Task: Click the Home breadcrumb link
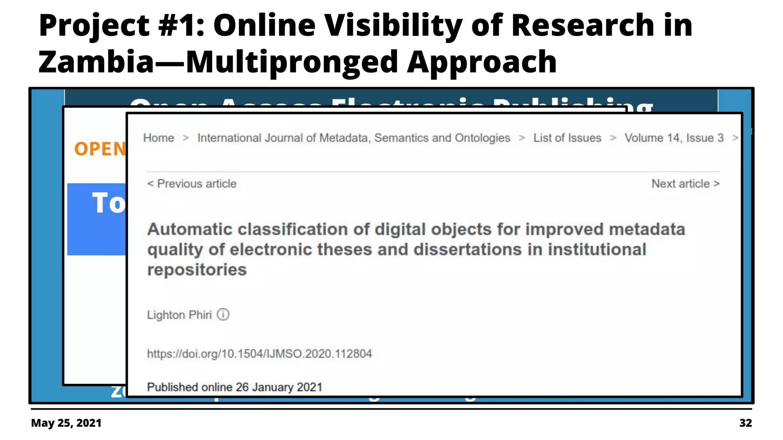pyautogui.click(x=159, y=138)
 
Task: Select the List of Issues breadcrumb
pyautogui.click(x=567, y=138)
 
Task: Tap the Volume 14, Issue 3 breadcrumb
pyautogui.click(x=674, y=138)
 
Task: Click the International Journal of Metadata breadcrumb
pyautogui.click(x=354, y=138)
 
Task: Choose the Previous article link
pyautogui.click(x=192, y=184)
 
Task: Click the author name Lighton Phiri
pyautogui.click(x=179, y=315)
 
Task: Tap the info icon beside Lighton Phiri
pyautogui.click(x=223, y=315)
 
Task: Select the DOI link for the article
pyautogui.click(x=259, y=354)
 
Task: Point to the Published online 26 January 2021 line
pyautogui.click(x=234, y=387)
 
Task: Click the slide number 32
pyautogui.click(x=746, y=423)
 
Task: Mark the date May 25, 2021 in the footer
pyautogui.click(x=66, y=423)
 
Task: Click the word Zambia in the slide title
pyautogui.click(x=96, y=62)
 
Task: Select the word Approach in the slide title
pyautogui.click(x=482, y=62)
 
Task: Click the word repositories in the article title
pyautogui.click(x=197, y=270)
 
